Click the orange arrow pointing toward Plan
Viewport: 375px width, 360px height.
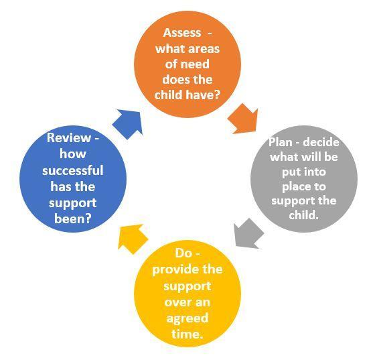tap(244, 119)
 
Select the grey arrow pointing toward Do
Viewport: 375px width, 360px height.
tap(248, 233)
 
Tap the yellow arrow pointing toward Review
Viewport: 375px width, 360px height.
tap(133, 239)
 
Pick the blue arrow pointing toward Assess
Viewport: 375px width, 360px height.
tap(128, 124)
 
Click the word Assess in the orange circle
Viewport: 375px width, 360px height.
tap(182, 33)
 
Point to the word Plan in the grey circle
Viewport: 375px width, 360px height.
tap(281, 142)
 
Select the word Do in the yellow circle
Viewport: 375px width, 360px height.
tap(183, 253)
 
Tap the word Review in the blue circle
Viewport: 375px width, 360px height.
tap(69, 138)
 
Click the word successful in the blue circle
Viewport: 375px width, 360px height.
tap(73, 170)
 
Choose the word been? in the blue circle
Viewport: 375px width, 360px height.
tap(73, 219)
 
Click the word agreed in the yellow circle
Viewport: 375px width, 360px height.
tap(187, 318)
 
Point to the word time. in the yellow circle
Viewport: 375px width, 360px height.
tap(187, 333)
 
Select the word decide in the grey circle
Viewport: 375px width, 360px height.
tap(321, 142)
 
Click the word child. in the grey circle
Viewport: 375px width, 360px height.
tap(304, 215)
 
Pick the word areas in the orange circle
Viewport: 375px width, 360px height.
tap(204, 49)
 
